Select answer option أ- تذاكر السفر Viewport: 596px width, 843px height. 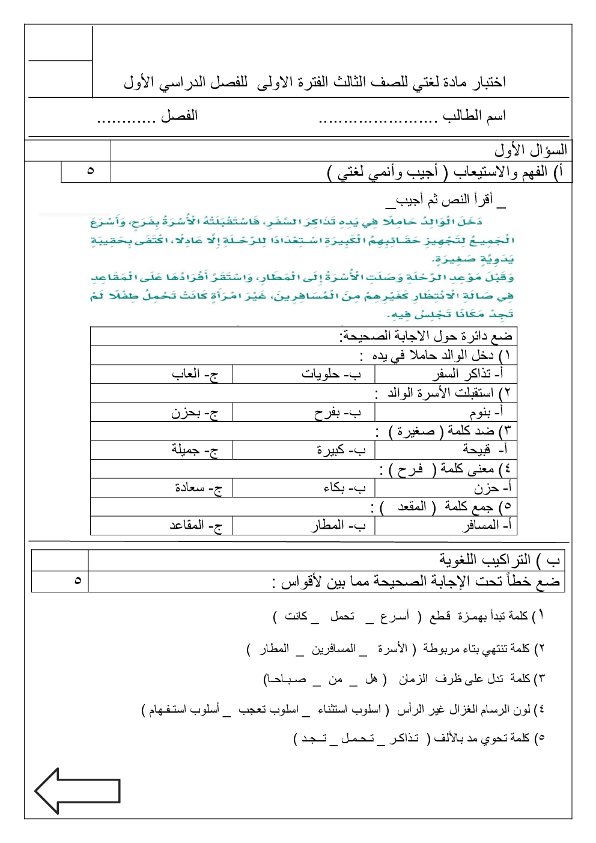(x=468, y=374)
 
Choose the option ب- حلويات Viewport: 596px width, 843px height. (x=331, y=374)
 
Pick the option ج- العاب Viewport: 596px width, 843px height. (x=195, y=374)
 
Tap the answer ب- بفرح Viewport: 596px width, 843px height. (x=337, y=412)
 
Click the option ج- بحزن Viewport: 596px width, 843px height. (x=195, y=412)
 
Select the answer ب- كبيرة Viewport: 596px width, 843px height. (x=341, y=449)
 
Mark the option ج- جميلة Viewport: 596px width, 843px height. (x=195, y=449)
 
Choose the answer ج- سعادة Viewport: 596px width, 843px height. (x=198, y=488)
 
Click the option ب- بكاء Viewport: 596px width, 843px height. (x=344, y=488)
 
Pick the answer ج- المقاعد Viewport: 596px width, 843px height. (x=196, y=525)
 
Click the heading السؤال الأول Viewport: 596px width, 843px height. (x=531, y=150)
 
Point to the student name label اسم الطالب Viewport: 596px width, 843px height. (x=474, y=115)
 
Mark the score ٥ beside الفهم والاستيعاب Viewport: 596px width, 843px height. (x=90, y=171)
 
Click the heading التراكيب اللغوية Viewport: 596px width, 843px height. (x=485, y=560)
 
